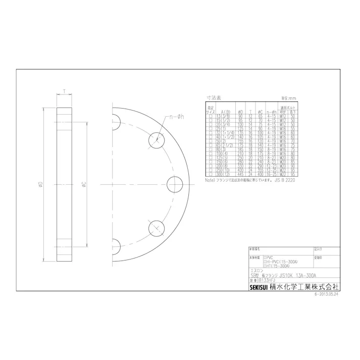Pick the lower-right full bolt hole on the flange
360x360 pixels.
pos(157,229)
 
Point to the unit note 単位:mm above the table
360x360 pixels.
pos(288,99)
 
